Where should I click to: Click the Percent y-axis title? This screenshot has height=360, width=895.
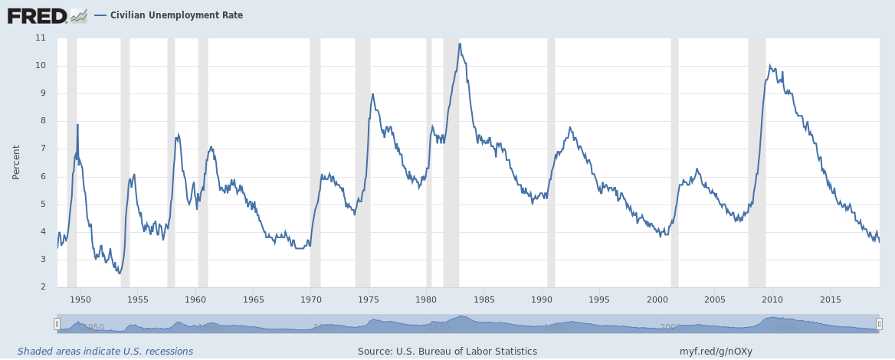[x=16, y=162]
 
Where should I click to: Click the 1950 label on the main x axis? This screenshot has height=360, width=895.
[x=80, y=299]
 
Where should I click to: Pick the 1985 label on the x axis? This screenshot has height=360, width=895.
[x=484, y=299]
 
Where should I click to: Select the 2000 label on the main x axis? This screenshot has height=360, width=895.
[x=657, y=299]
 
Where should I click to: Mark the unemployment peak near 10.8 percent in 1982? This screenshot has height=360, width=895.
[x=460, y=44]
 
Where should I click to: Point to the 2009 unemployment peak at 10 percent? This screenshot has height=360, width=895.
[x=769, y=66]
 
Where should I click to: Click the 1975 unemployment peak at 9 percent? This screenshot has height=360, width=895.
[x=372, y=94]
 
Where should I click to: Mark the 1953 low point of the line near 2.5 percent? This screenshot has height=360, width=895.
[x=120, y=273]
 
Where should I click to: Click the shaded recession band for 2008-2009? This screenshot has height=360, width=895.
[x=756, y=162]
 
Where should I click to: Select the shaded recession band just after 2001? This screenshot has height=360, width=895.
[x=674, y=162]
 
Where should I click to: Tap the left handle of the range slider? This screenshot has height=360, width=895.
[x=57, y=324]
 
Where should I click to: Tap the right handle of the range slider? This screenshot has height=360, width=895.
[x=879, y=324]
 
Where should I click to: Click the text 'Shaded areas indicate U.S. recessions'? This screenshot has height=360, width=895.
[x=105, y=352]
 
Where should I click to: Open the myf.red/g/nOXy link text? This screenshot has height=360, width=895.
[x=716, y=352]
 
